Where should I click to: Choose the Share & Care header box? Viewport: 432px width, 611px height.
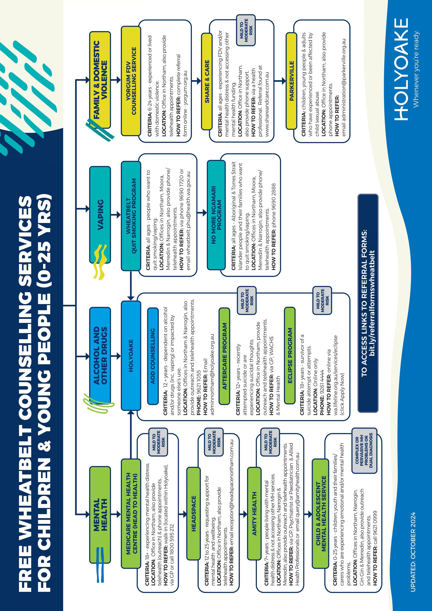coord(207,81)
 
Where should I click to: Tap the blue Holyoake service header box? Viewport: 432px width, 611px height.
coord(131,355)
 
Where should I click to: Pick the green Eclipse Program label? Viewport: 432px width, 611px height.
coord(290,355)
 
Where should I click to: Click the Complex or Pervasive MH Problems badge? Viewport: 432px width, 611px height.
coord(364,450)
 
